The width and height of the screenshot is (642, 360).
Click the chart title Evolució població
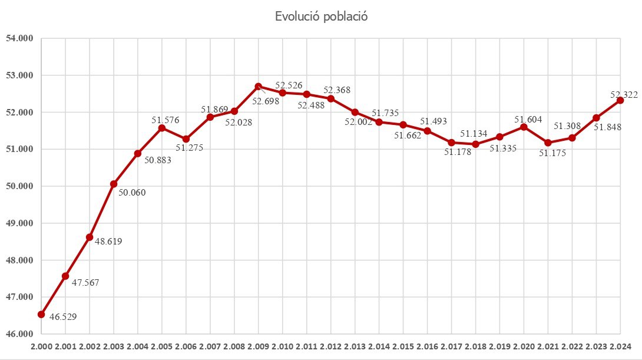click(321, 16)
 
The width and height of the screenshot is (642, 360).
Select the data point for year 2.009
click(259, 87)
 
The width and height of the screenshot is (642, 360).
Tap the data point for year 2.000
click(41, 315)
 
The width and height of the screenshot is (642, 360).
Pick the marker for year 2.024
click(620, 100)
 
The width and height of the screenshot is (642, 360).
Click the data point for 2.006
click(186, 139)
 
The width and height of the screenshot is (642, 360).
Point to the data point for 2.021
click(548, 143)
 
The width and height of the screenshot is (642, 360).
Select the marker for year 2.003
click(114, 184)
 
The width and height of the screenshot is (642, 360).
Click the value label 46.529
click(62, 317)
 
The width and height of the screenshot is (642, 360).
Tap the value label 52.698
click(266, 101)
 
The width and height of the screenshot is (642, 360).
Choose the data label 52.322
click(624, 94)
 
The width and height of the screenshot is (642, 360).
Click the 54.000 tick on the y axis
click(19, 39)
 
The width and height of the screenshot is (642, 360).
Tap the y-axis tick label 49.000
click(19, 223)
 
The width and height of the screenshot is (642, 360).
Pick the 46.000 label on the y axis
click(19, 334)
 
